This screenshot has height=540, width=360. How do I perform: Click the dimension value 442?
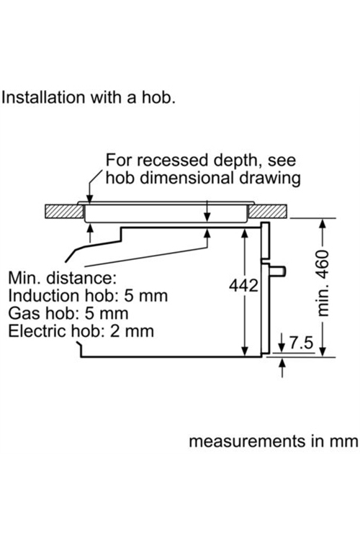pos(243,286)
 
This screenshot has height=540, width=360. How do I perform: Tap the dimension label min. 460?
pos(323,284)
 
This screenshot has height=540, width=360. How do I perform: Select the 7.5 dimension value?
pos(302,343)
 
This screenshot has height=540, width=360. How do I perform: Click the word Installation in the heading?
pos(43,97)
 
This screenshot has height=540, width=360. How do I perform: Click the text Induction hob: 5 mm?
pos(88,296)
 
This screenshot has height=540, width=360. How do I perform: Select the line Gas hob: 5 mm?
pos(68,313)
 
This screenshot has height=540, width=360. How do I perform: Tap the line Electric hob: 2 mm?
pos(81,331)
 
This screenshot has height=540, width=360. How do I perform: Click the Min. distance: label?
pos(63,278)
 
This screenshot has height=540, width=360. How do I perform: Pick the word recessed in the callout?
pos(176,161)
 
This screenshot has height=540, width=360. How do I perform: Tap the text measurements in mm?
pos(274,441)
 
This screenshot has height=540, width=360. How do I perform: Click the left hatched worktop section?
pos(64,212)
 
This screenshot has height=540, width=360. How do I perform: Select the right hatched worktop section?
pos(268,212)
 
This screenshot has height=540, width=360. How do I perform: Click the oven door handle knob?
pos(277,271)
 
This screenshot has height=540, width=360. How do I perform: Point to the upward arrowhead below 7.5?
pos(282,363)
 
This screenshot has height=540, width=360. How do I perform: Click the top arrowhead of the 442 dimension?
pos(245,233)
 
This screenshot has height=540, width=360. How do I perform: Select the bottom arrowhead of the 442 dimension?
pos(245,351)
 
